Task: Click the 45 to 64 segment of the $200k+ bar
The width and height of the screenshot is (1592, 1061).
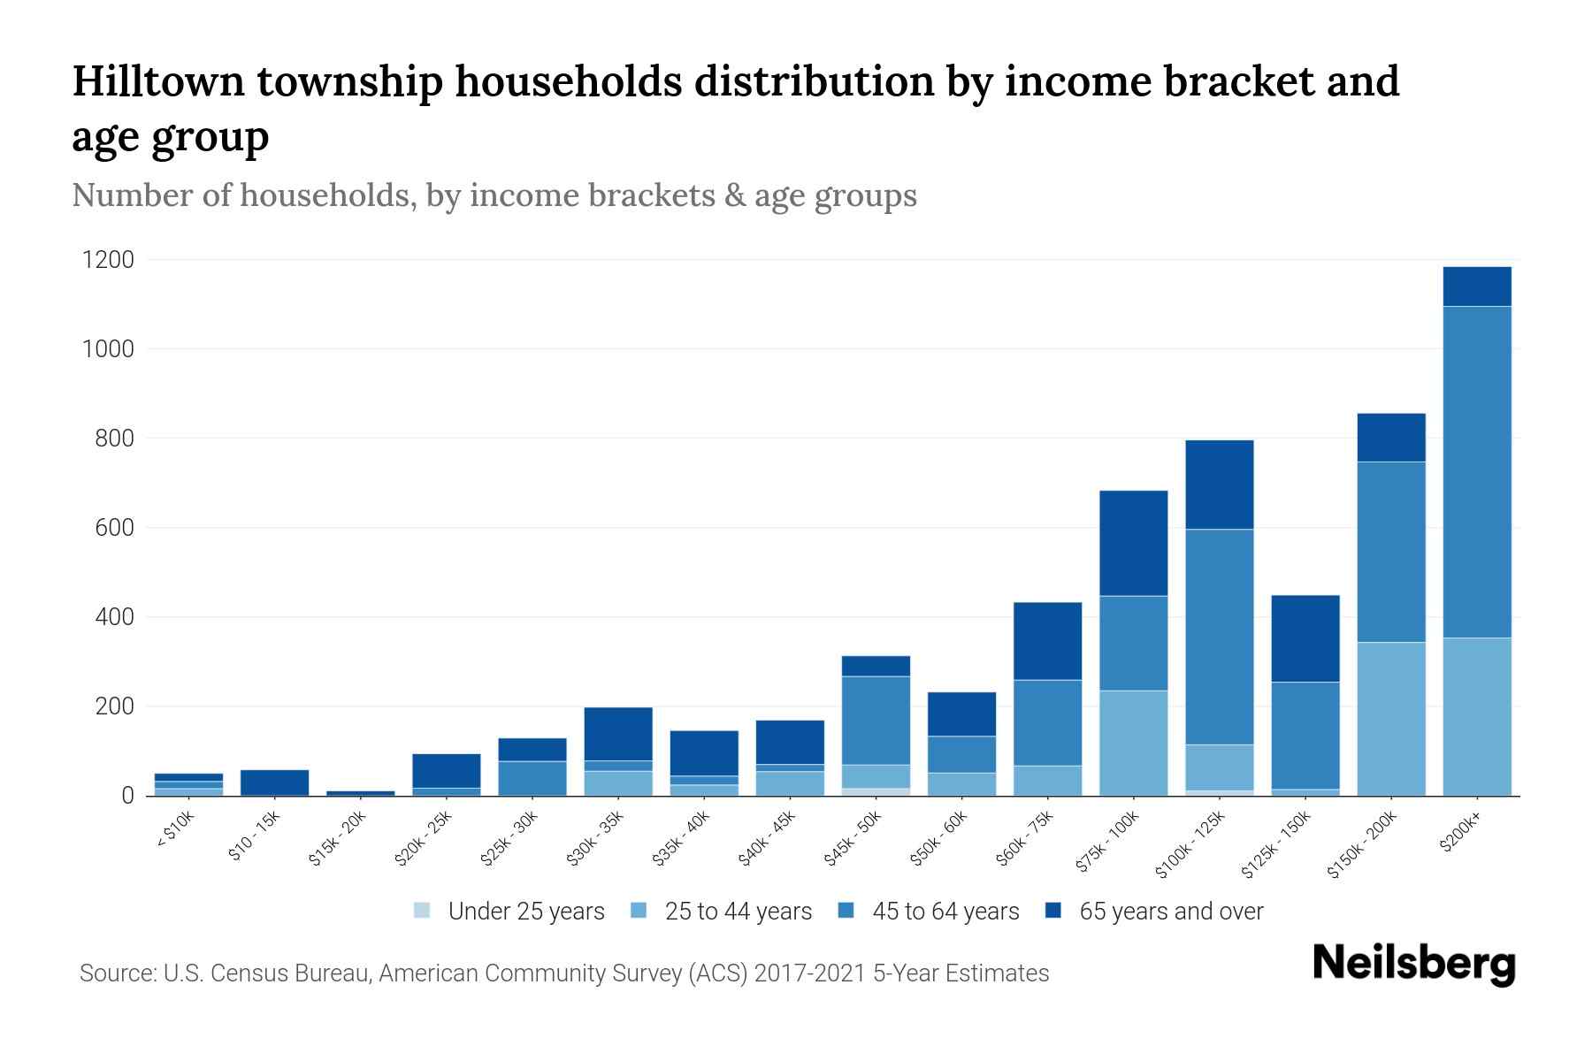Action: pos(1476,471)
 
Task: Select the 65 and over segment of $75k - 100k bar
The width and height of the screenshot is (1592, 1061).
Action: pos(1133,542)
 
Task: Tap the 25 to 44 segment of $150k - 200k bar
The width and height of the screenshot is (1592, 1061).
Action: pos(1390,718)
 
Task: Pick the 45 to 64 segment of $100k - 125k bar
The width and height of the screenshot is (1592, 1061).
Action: pos(1219,637)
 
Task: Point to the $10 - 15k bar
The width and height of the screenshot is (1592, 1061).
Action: pos(274,782)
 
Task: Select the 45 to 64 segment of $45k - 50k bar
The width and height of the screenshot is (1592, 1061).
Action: pos(876,721)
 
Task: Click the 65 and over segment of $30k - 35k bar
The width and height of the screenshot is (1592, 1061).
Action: pos(618,733)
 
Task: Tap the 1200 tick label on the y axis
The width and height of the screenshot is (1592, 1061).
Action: pos(108,260)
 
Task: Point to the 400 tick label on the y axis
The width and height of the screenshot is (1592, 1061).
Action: pos(115,617)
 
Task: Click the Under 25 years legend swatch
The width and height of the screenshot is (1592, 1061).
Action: pos(423,911)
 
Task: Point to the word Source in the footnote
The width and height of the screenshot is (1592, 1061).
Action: pos(115,973)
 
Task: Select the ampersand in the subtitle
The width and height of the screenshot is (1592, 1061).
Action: pos(733,195)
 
